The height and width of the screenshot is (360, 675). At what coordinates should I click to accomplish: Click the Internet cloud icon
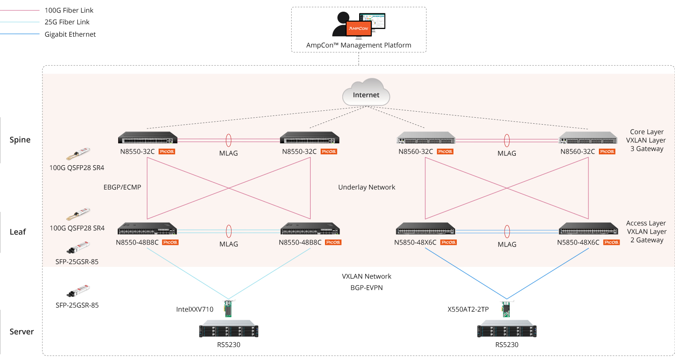366,92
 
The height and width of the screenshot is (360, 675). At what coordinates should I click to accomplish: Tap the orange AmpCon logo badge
359,28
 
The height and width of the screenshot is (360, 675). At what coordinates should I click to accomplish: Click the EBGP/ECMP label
122,187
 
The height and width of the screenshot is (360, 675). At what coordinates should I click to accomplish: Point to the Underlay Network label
366,187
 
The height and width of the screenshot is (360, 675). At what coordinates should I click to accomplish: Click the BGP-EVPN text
366,288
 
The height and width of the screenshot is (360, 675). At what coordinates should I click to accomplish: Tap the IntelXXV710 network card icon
228,309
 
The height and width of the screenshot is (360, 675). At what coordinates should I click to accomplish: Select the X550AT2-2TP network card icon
507,309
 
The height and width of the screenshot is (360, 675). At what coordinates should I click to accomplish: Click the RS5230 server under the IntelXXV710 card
229,329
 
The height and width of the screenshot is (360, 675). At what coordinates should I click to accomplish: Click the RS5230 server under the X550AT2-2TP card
507,329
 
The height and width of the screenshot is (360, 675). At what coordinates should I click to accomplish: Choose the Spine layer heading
20,140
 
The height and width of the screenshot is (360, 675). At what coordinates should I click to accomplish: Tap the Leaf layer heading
18,231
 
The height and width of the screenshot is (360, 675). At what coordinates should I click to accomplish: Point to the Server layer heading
22,332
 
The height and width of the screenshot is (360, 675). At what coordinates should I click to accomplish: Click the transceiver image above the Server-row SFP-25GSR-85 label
78,291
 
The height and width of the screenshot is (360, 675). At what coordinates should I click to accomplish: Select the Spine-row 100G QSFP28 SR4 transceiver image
78,154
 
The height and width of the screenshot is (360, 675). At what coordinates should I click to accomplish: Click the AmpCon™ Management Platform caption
359,45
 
